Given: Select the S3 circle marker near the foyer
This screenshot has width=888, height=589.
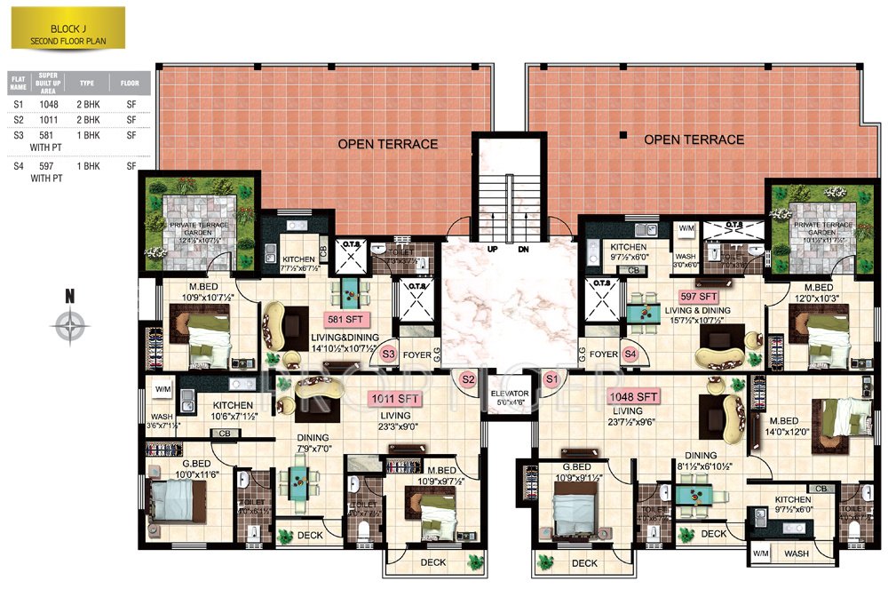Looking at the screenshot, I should pyautogui.click(x=387, y=354).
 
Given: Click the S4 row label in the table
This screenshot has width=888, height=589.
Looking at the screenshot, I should pyautogui.click(x=17, y=165).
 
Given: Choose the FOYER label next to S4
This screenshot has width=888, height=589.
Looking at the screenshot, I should pyautogui.click(x=604, y=354).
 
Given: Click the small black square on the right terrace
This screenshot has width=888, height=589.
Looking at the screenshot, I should pyautogui.click(x=623, y=136).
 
